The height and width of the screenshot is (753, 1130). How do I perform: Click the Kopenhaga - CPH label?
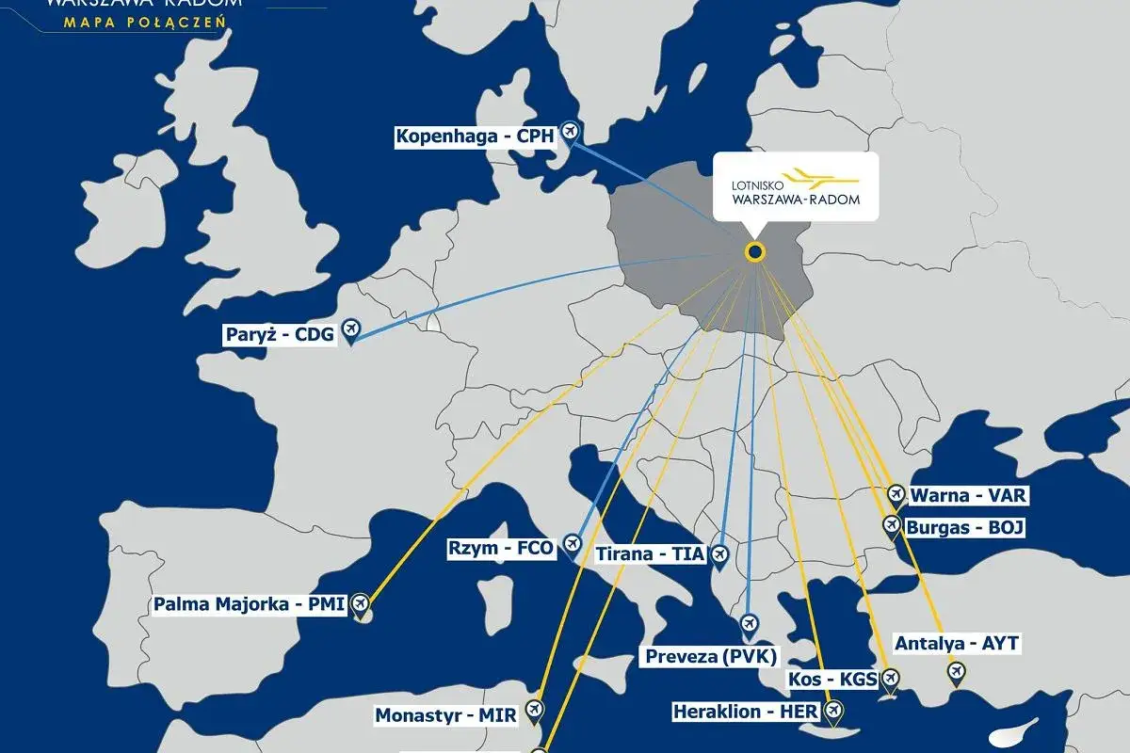point(476,136)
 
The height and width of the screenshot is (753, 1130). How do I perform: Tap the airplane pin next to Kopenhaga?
point(569,130)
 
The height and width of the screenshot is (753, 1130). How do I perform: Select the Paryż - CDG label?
point(280,334)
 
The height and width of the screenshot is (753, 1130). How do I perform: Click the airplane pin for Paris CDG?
point(351,328)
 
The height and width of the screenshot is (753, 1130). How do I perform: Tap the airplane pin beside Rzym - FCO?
point(572,543)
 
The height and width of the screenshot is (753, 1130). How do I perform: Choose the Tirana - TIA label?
point(650,554)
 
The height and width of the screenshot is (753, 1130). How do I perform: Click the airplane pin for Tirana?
point(720,554)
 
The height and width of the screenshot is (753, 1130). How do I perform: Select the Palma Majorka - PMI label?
point(250,604)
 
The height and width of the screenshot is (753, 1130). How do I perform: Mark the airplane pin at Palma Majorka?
point(360,603)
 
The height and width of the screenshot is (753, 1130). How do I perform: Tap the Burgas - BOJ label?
point(964,528)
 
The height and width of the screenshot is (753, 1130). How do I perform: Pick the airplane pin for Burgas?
point(891,524)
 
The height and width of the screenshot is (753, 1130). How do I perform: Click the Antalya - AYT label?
point(957,644)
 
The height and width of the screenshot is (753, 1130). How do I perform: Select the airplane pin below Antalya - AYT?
point(957,671)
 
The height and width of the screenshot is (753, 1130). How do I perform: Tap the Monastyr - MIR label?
point(446,715)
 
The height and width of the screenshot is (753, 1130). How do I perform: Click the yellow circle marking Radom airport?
point(754,251)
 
